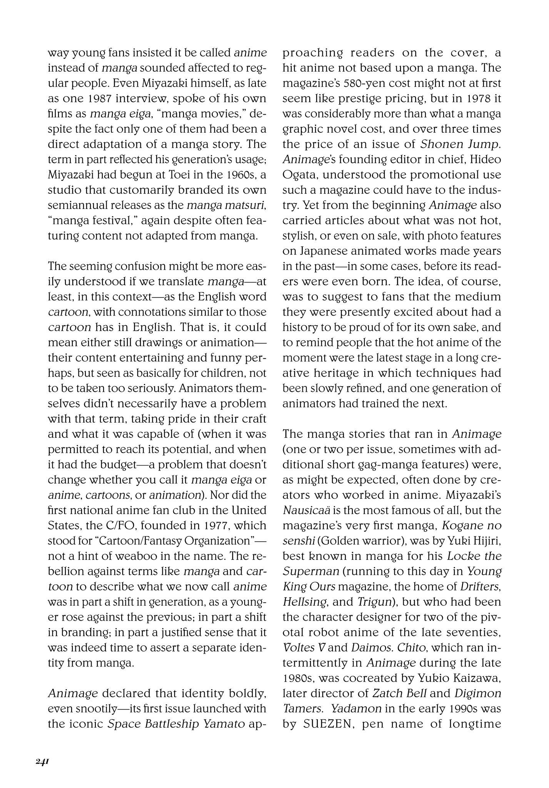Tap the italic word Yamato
(x=224, y=724)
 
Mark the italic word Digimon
(x=478, y=693)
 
